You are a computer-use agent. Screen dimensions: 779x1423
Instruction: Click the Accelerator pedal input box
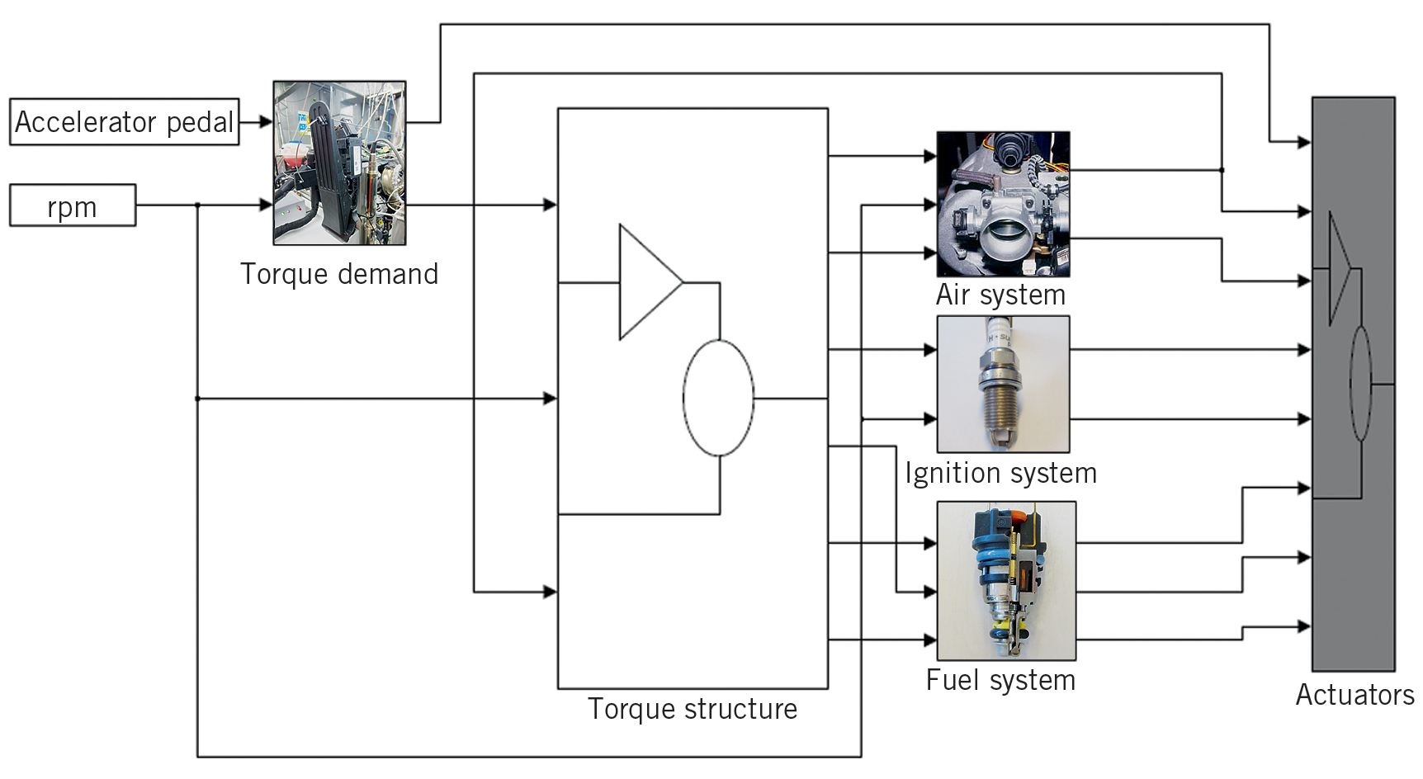click(124, 122)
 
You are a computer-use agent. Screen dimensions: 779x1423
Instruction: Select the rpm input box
click(73, 205)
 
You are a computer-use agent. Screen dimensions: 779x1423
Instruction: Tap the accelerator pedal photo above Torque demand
click(339, 163)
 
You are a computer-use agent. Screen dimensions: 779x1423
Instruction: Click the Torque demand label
click(339, 274)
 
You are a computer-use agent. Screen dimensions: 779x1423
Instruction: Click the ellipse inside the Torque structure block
click(718, 398)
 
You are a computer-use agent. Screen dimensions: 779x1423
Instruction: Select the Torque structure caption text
click(692, 709)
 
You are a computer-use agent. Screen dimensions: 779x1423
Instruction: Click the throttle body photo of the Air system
click(1003, 204)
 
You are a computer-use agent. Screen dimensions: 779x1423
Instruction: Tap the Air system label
click(1000, 295)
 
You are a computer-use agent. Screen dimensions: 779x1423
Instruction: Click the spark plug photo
click(1003, 384)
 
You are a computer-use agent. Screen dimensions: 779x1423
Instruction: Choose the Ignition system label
click(1000, 473)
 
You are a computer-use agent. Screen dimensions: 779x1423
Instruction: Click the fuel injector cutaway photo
click(1006, 580)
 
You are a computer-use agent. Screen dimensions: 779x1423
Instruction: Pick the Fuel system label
click(1000, 680)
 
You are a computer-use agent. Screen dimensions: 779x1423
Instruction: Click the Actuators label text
click(1354, 695)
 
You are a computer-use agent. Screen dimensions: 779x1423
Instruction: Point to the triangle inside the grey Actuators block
click(1337, 269)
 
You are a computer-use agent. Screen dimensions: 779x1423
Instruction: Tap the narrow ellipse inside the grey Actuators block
click(1360, 384)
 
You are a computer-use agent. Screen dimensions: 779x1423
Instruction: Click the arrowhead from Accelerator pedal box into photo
click(266, 122)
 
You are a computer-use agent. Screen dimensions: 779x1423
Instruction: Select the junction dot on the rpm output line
click(197, 205)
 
